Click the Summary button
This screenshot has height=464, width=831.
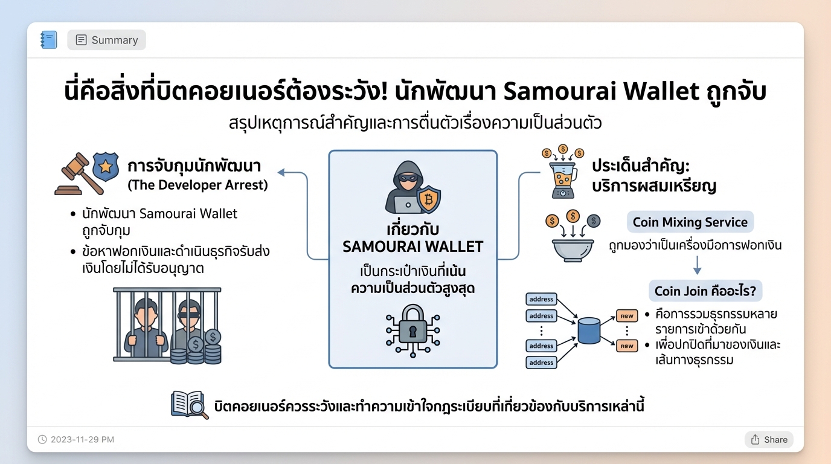[x=106, y=40]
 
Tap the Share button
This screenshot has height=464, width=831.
[x=769, y=439]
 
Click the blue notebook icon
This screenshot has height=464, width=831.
[x=49, y=40]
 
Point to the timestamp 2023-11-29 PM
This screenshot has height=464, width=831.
[x=76, y=439]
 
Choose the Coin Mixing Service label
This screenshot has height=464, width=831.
[x=690, y=222]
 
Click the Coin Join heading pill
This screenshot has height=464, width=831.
[x=705, y=291]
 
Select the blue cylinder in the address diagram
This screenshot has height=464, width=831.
[x=589, y=330]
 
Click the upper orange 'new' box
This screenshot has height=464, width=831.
[x=627, y=315]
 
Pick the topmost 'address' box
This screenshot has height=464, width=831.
[x=541, y=299]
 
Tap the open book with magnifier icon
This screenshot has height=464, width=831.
[x=189, y=404]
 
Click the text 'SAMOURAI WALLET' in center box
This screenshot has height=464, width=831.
[x=412, y=246]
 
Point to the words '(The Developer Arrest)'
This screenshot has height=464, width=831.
[x=197, y=185]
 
